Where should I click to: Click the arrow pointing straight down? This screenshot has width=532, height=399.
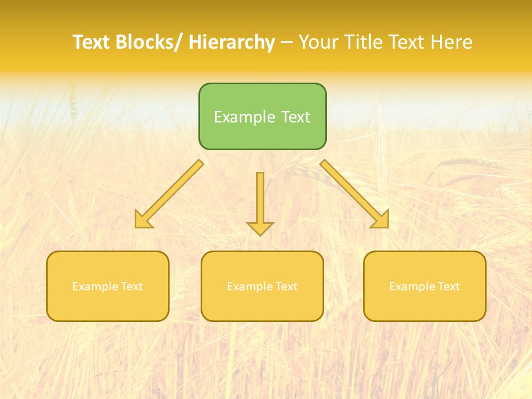[260, 199]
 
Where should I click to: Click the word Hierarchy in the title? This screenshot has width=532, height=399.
[232, 42]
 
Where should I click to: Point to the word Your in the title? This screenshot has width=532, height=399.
[319, 42]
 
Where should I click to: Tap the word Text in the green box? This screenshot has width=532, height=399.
[294, 117]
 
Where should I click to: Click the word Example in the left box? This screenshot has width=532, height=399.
[94, 287]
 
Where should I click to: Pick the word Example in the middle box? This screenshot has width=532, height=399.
[249, 287]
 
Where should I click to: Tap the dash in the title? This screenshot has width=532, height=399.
[287, 42]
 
